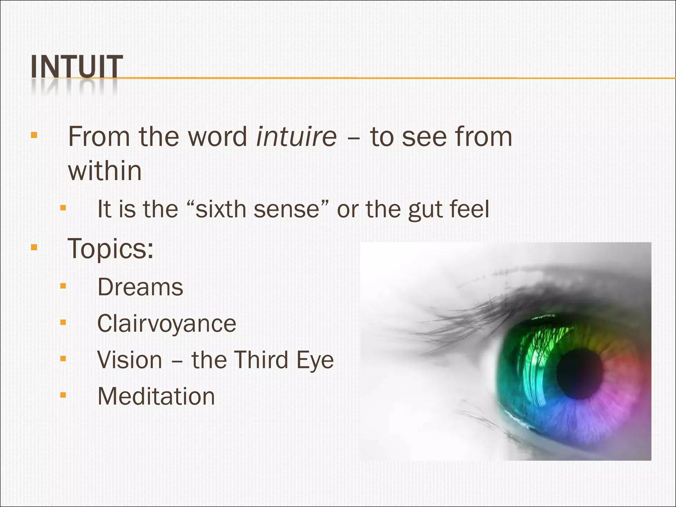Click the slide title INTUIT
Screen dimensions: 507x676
pyautogui.click(x=77, y=67)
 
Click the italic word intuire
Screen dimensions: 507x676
pyautogui.click(x=296, y=136)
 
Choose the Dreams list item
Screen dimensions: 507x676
pyautogui.click(x=140, y=287)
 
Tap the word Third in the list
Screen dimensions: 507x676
pyautogui.click(x=261, y=360)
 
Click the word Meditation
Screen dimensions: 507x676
pyautogui.click(x=156, y=396)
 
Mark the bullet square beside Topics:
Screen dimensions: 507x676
pyautogui.click(x=34, y=247)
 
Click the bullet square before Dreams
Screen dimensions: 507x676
pyautogui.click(x=63, y=286)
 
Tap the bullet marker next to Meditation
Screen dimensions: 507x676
pyautogui.click(x=63, y=395)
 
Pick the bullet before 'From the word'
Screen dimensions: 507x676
pyautogui.click(x=34, y=135)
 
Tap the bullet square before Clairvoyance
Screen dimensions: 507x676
pyautogui.click(x=63, y=322)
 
